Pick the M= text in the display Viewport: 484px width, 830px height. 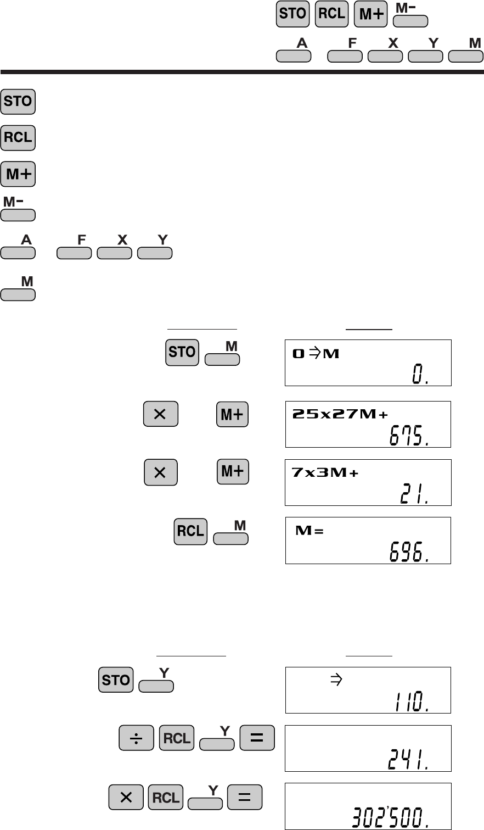coord(310,531)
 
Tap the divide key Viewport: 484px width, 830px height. coord(136,739)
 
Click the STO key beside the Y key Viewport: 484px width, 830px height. coord(116,680)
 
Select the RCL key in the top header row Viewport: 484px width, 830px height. coord(331,14)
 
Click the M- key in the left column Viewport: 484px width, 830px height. coord(18,214)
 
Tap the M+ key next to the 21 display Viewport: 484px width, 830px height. coord(233,472)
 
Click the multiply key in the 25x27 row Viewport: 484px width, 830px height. coord(160,414)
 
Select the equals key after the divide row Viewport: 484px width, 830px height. coord(257,739)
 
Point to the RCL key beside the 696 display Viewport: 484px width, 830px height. coord(190,531)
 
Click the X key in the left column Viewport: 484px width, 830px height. coord(114,253)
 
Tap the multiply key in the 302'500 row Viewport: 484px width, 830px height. coord(126,797)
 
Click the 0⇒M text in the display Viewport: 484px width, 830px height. coord(316,354)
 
